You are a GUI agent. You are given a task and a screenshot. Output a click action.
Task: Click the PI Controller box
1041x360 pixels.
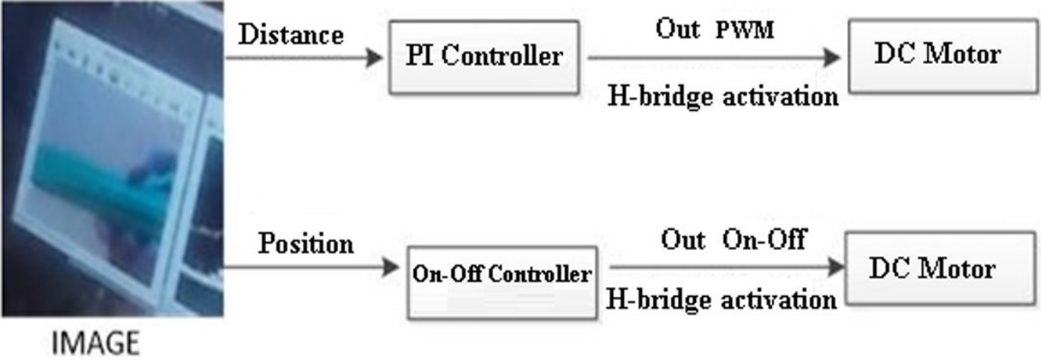tap(484, 57)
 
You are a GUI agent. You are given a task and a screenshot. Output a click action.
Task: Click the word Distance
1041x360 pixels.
tap(291, 35)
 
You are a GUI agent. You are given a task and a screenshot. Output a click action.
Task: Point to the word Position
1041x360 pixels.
tap(305, 244)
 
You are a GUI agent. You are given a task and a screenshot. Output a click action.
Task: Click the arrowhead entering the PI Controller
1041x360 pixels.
tap(374, 58)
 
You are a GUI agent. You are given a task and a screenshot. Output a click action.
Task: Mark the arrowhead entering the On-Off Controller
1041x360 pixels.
tap(391, 267)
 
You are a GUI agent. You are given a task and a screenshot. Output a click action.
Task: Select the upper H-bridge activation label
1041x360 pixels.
tap(723, 96)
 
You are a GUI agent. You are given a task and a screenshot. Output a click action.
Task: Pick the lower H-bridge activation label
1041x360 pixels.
tap(720, 299)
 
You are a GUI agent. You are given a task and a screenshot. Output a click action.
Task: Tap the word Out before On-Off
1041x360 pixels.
tap(684, 240)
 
